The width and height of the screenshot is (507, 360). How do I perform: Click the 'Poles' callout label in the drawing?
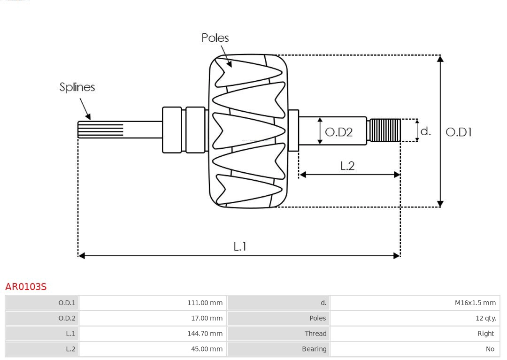tap(215, 38)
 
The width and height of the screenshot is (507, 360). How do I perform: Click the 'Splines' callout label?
tap(77, 87)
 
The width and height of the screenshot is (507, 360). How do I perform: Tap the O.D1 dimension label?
tap(458, 132)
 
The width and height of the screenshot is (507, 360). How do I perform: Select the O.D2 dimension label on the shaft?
tap(338, 132)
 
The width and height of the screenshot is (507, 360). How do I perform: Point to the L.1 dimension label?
tap(240, 246)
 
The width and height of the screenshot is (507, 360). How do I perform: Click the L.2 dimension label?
tap(347, 166)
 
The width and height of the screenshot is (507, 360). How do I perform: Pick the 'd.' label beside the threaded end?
tap(425, 131)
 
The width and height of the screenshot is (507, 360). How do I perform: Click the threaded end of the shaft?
tap(385, 130)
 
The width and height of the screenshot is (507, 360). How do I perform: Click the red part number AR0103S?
tap(26, 287)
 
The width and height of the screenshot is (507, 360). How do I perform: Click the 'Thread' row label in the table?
tap(315, 334)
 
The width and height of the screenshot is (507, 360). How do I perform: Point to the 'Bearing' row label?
tap(314, 349)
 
